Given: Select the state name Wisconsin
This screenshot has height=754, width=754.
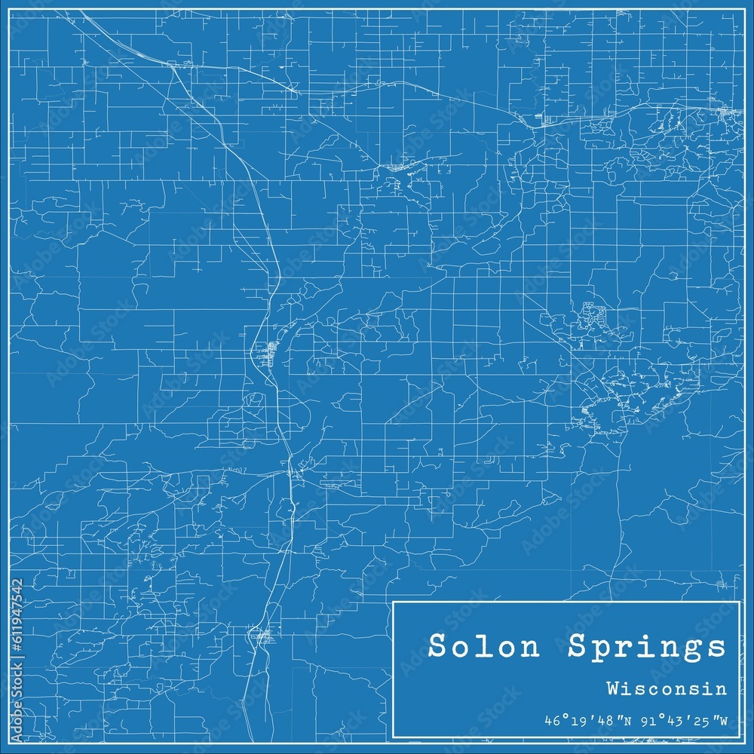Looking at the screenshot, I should point(667,688).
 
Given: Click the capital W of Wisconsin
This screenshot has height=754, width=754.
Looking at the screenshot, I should point(611,688).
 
